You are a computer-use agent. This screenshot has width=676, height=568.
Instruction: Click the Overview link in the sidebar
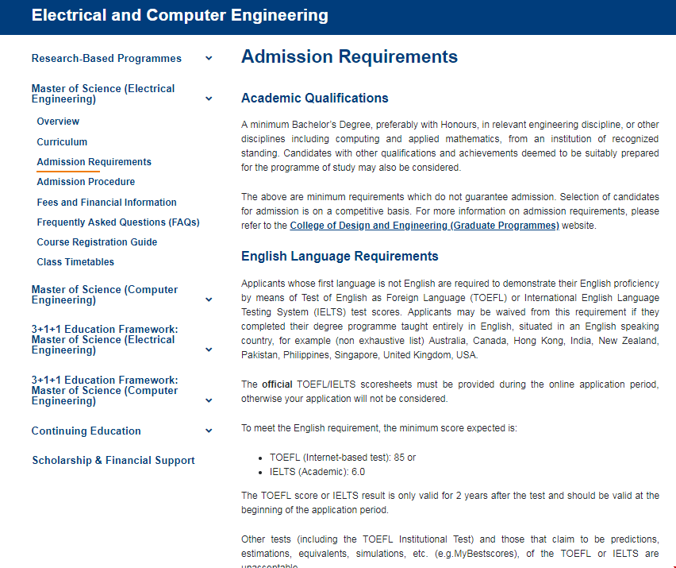pos(58,122)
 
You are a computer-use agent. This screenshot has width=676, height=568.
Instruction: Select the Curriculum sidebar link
pos(62,142)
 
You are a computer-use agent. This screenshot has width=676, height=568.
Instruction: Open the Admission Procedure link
pos(86,182)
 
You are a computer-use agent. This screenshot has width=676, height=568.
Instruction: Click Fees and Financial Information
pos(106,203)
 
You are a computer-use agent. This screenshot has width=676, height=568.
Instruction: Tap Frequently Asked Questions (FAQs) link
pos(117,222)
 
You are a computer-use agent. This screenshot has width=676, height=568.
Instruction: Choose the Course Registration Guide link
pos(97,242)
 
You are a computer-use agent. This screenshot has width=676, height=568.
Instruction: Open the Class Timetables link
pos(75,262)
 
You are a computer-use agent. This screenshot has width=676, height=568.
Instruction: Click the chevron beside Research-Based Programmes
pos(209,59)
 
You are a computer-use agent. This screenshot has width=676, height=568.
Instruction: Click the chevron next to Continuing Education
pos(209,431)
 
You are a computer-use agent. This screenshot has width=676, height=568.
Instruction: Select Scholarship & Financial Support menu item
pos(113,461)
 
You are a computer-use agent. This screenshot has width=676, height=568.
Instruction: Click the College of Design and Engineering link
pos(424,226)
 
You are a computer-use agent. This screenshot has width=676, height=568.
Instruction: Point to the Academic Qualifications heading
pos(314,99)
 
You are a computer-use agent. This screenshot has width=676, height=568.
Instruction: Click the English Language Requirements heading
pos(340,257)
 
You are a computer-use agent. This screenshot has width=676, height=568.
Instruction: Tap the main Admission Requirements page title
pos(349,57)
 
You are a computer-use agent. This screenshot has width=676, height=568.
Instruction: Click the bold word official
pos(278,384)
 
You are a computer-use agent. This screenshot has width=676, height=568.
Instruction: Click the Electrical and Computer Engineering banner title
pos(179,15)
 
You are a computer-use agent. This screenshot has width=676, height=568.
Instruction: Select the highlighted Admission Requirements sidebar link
pos(94,162)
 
